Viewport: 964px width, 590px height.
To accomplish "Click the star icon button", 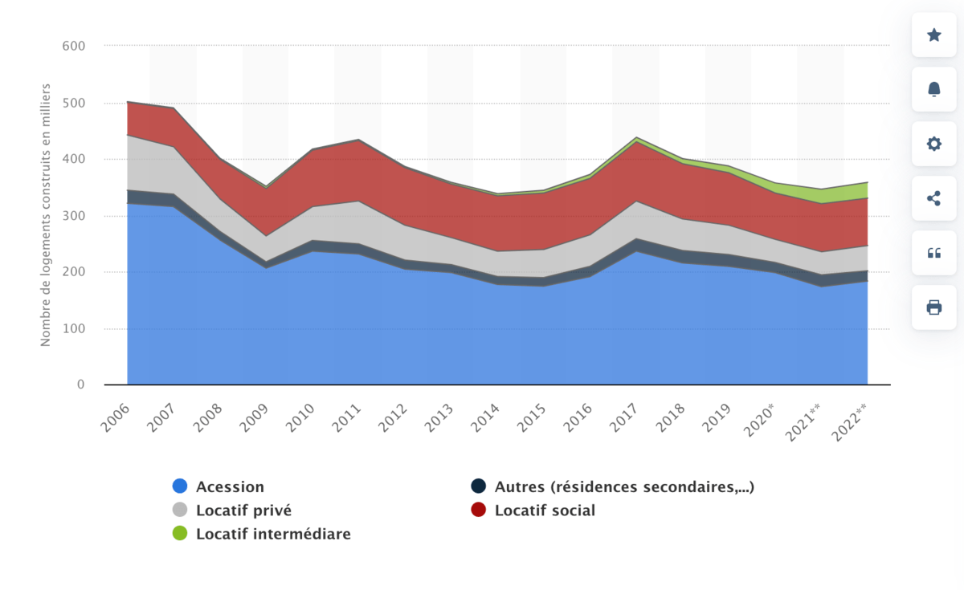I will [x=933, y=35].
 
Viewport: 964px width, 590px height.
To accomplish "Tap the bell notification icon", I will [x=933, y=89].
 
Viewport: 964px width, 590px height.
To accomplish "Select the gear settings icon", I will [x=933, y=144].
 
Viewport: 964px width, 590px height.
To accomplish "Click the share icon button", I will [x=933, y=198].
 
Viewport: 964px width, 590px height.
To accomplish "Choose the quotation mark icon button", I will [x=933, y=253].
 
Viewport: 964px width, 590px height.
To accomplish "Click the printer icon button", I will [x=933, y=307].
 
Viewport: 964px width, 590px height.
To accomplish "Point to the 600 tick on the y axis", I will [x=73, y=47].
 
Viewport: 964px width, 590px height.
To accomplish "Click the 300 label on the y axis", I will [x=73, y=216].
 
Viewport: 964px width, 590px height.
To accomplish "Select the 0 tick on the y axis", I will [x=80, y=385].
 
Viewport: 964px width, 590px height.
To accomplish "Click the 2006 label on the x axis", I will [x=116, y=419].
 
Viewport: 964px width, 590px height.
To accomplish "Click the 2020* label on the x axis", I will [x=761, y=421].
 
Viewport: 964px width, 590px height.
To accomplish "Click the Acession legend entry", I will [x=230, y=486].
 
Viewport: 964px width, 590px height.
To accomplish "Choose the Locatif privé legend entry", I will [x=243, y=510].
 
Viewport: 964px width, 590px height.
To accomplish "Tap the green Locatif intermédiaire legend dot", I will [x=180, y=534].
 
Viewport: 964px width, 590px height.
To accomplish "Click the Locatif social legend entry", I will [x=545, y=510].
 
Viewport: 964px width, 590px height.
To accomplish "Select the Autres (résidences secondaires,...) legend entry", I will [x=623, y=486].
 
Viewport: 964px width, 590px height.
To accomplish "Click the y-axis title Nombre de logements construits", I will [x=46, y=214].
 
